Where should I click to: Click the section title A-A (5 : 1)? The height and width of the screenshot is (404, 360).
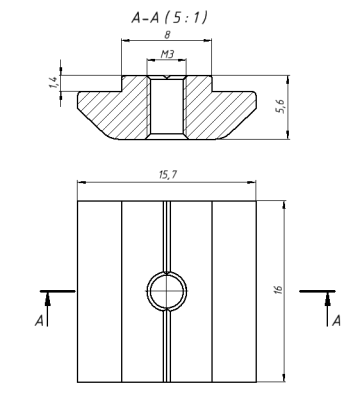[x=169, y=17]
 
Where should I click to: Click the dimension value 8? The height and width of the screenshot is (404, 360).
[x=167, y=35]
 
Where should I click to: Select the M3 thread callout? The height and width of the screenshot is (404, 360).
[x=167, y=54]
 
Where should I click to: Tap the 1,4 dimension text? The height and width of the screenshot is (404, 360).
[x=53, y=82]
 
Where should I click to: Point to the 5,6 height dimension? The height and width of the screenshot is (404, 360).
[x=281, y=107]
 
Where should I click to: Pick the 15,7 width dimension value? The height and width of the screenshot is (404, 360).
[x=168, y=175]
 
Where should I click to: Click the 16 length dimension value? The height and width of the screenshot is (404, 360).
[x=279, y=289]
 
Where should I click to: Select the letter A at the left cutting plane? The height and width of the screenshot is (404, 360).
[x=39, y=321]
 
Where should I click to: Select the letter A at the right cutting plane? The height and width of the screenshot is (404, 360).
[x=337, y=321]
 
